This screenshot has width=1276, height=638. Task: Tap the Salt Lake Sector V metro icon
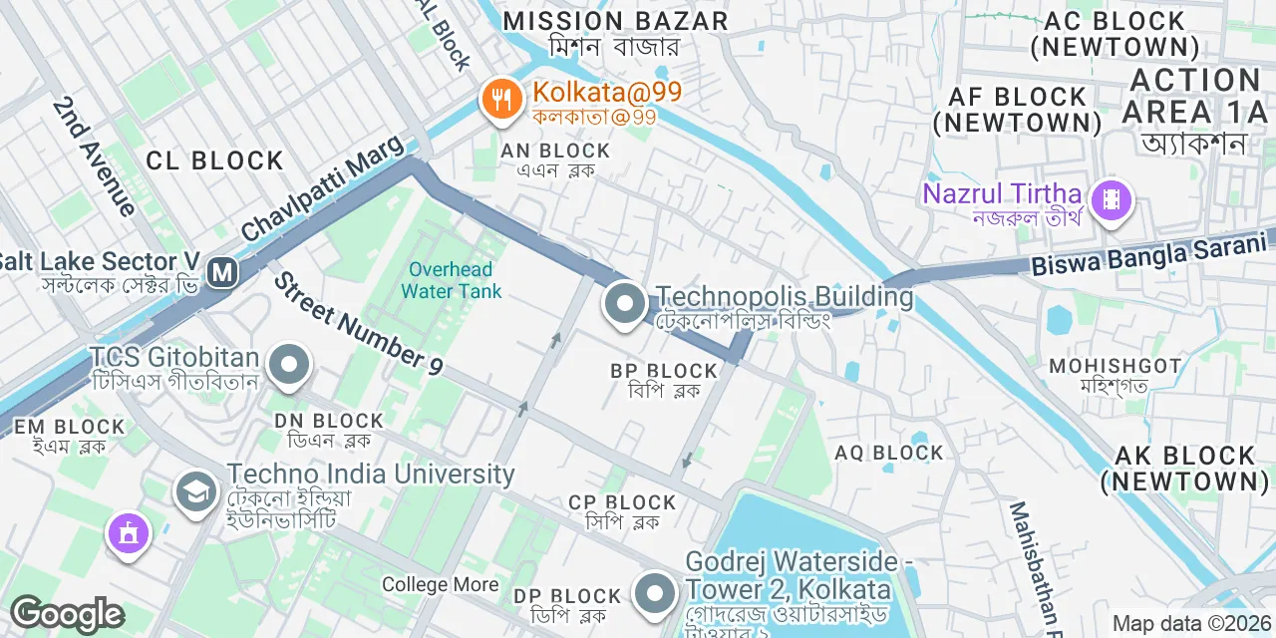pyautogui.click(x=222, y=272)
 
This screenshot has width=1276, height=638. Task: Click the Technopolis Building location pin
pyautogui.click(x=625, y=303)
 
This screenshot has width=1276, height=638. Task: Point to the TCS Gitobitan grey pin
pyautogui.click(x=290, y=364)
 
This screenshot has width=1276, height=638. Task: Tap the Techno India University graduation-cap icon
pyautogui.click(x=196, y=490)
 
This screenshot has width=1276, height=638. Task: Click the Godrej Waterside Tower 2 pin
pyautogui.click(x=654, y=590)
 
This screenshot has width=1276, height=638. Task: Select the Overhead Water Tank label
pyautogui.click(x=452, y=280)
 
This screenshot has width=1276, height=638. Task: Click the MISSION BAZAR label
pyautogui.click(x=615, y=21)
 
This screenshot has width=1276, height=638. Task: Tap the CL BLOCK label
pyautogui.click(x=214, y=160)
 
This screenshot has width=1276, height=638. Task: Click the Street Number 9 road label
pyautogui.click(x=358, y=324)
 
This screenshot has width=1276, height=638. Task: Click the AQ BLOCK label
pyautogui.click(x=889, y=454)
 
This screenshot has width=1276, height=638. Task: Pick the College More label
pyautogui.click(x=440, y=584)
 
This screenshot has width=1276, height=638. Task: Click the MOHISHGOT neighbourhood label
pyautogui.click(x=1115, y=366)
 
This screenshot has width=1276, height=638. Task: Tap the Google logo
pyautogui.click(x=67, y=615)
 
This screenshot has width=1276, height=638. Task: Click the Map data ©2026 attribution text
pyautogui.click(x=1191, y=624)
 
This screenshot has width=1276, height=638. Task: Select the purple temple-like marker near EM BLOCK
pyautogui.click(x=129, y=532)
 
